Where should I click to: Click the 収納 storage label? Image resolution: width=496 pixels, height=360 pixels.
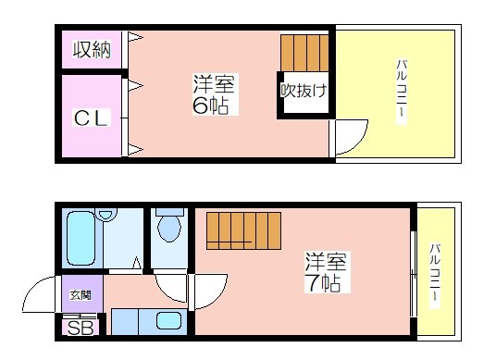point(92,50)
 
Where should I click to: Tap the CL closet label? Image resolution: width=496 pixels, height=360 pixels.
point(92,118)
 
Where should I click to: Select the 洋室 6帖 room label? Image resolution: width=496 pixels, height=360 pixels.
point(215,94)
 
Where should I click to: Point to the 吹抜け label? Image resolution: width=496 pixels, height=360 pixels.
point(304,91)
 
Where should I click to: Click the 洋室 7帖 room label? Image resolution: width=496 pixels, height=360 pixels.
point(326,272)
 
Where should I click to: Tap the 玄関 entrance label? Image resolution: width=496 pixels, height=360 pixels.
point(81,295)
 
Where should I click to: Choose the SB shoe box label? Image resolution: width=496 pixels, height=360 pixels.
point(81,328)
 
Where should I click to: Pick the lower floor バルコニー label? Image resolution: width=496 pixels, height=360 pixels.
point(435,272)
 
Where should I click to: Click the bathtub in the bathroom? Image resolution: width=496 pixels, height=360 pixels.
point(81,238)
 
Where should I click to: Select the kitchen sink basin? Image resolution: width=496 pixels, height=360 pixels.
point(168,320)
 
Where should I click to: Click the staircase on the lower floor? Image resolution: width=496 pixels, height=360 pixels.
point(243,230)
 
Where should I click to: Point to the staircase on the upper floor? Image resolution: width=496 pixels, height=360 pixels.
point(304,53)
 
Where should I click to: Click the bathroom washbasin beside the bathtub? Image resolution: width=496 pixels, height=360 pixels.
point(105,214)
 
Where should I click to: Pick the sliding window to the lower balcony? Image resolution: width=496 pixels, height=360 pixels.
point(413,274)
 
